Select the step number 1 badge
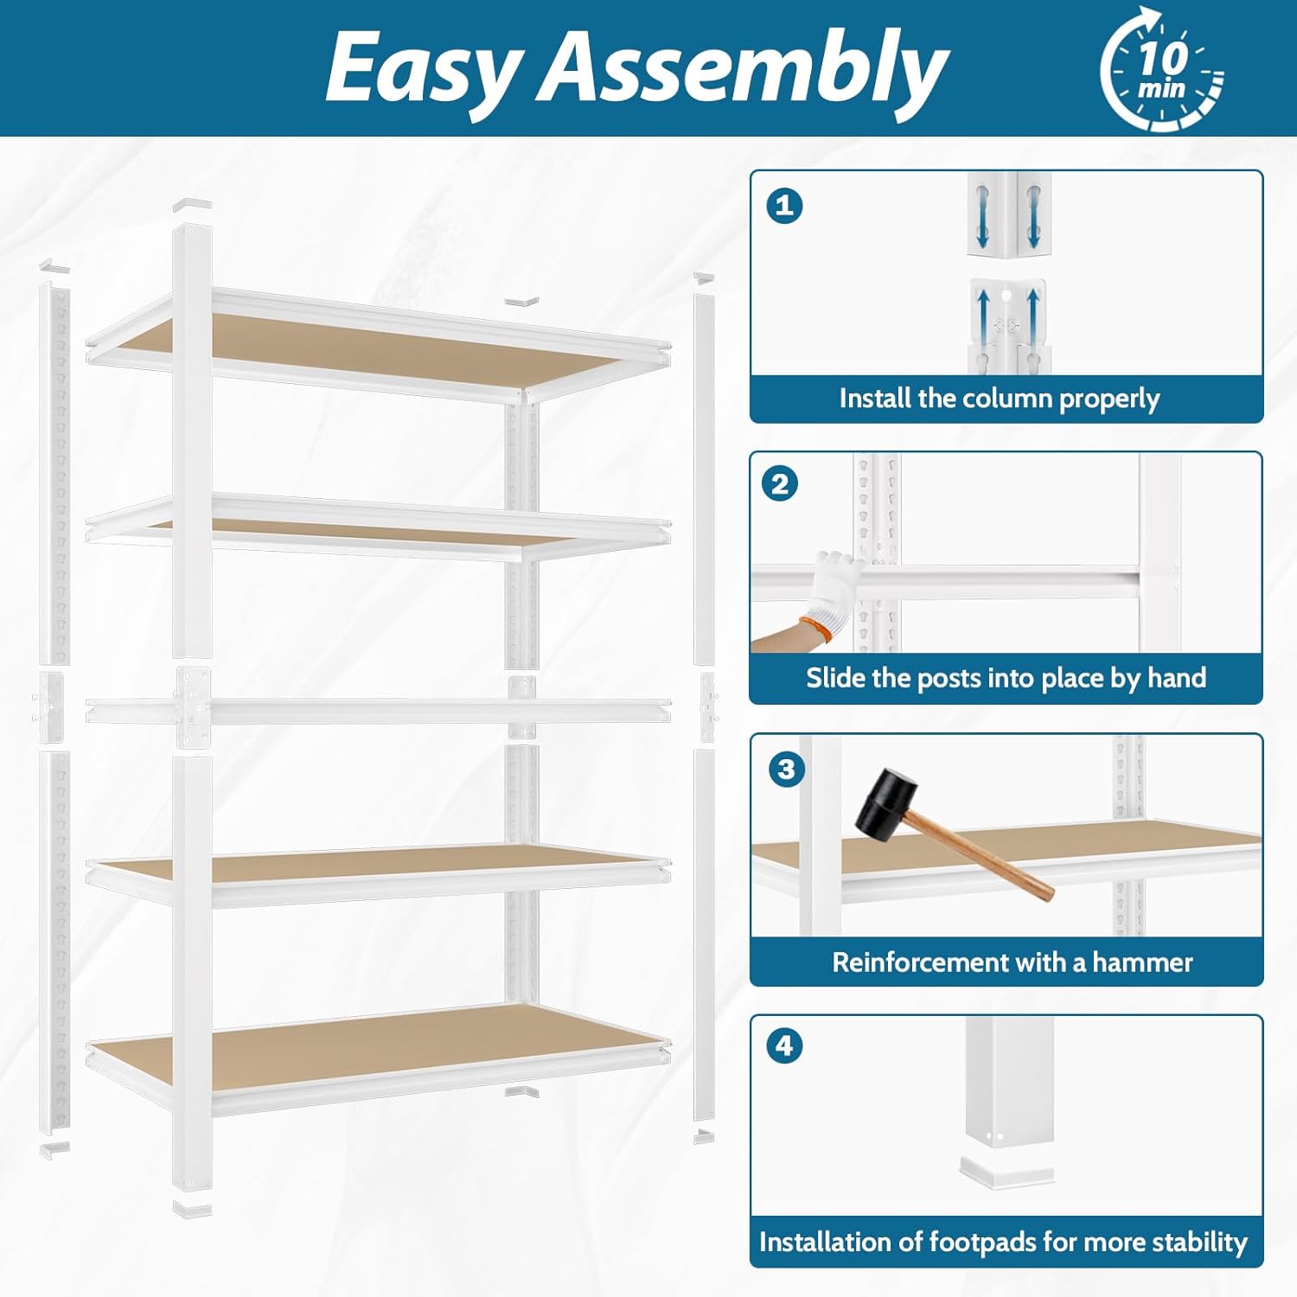pyautogui.click(x=784, y=206)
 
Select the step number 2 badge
pyautogui.click(x=780, y=484)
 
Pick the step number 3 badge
pyautogui.click(x=786, y=769)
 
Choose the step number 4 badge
pyautogui.click(x=784, y=1046)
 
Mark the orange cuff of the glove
pyautogui.click(x=817, y=629)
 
